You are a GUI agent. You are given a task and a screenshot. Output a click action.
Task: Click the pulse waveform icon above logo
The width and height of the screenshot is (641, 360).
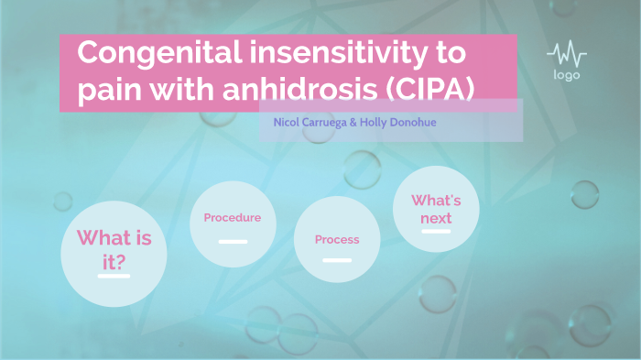(x=566, y=53)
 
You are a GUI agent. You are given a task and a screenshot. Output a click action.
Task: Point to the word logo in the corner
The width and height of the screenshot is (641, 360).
(x=566, y=75)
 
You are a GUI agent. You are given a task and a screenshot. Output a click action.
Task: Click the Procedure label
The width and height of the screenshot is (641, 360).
(x=232, y=218)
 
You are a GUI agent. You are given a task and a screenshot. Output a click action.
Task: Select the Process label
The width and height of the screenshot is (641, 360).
(x=337, y=240)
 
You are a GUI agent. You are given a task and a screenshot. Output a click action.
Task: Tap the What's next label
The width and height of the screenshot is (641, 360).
(x=436, y=209)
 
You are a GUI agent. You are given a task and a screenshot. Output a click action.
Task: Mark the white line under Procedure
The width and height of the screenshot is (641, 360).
(x=233, y=242)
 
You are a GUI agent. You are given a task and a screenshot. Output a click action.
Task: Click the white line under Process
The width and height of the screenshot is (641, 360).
(x=337, y=260)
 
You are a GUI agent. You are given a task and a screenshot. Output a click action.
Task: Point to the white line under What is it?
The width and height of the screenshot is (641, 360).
(x=114, y=276)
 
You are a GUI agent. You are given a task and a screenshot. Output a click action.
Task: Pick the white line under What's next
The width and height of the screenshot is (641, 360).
(x=436, y=232)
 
